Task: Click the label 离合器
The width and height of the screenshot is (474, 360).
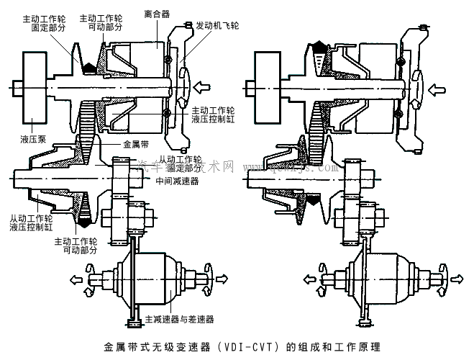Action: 157,13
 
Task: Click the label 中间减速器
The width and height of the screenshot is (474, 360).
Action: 176,181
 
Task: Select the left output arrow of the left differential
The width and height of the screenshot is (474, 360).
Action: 75,277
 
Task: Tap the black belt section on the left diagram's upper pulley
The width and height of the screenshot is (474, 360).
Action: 89,68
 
